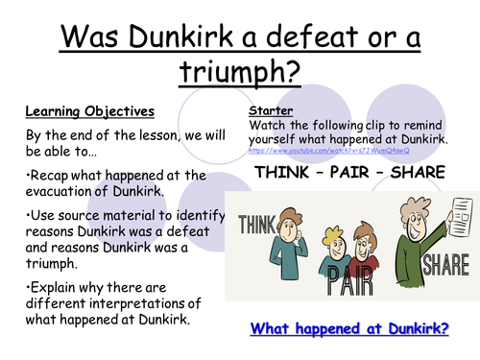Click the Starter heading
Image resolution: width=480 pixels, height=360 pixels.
point(267,111)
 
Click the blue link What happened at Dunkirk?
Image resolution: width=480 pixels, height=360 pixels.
point(351,328)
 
